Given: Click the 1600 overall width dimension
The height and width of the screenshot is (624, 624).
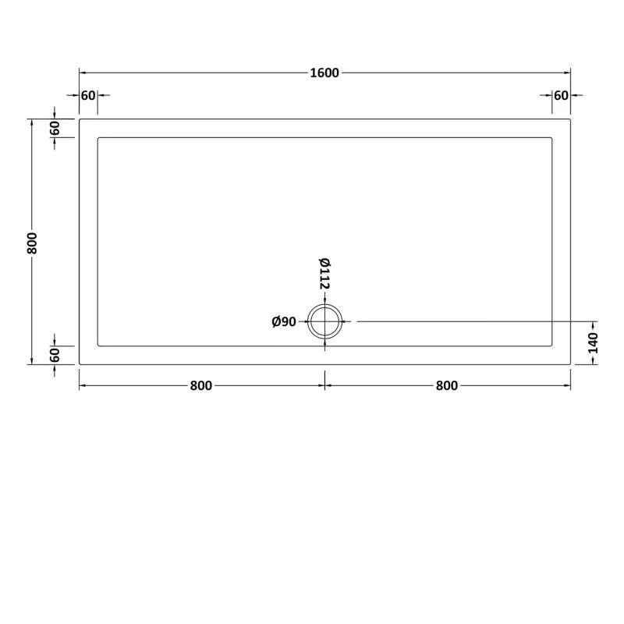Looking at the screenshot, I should point(324,73).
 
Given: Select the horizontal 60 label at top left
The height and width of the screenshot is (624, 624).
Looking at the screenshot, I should point(87,95).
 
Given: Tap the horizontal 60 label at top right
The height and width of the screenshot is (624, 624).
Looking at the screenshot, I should point(561,95).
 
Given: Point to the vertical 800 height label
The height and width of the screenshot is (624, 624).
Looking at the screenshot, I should point(32,243).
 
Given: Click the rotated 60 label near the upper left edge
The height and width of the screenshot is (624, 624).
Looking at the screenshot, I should point(55,129).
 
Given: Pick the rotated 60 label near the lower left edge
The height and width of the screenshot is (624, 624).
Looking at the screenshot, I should point(55,355).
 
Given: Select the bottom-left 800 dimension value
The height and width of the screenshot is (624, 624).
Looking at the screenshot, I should point(201,385).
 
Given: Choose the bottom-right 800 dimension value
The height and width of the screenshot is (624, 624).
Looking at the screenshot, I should point(448,385).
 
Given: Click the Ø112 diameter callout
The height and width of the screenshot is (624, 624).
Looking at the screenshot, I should point(324,273).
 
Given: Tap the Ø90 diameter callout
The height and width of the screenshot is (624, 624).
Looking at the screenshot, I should point(284,321).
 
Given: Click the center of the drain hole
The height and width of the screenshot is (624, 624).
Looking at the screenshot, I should point(325,321).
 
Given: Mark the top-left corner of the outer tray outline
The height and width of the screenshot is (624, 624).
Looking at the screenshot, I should point(80,119).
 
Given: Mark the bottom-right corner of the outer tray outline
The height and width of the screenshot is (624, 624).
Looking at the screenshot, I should point(571,364).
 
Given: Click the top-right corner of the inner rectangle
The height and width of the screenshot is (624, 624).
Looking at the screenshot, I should point(552,139).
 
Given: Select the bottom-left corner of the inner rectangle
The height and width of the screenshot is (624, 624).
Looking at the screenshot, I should point(97,346).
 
